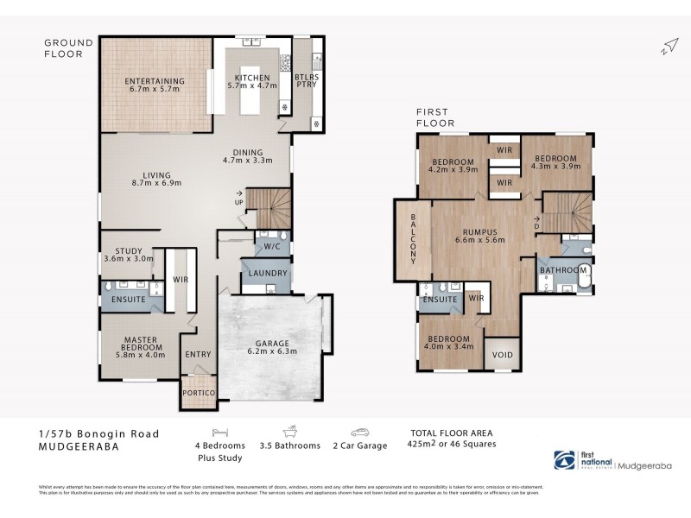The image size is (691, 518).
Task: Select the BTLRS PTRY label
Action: pyautogui.click(x=306, y=80)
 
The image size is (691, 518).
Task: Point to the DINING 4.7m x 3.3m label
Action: pyautogui.click(x=247, y=155)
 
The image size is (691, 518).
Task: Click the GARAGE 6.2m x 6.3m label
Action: pyautogui.click(x=271, y=346)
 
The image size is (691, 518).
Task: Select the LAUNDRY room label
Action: pyautogui.click(x=267, y=274)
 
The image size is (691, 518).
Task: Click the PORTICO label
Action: pyautogui.click(x=198, y=392)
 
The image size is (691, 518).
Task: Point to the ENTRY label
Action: pyautogui.click(x=198, y=354)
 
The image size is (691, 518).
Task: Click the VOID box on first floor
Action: pyautogui.click(x=502, y=355)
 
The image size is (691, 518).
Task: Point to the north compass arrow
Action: pyautogui.click(x=667, y=46)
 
